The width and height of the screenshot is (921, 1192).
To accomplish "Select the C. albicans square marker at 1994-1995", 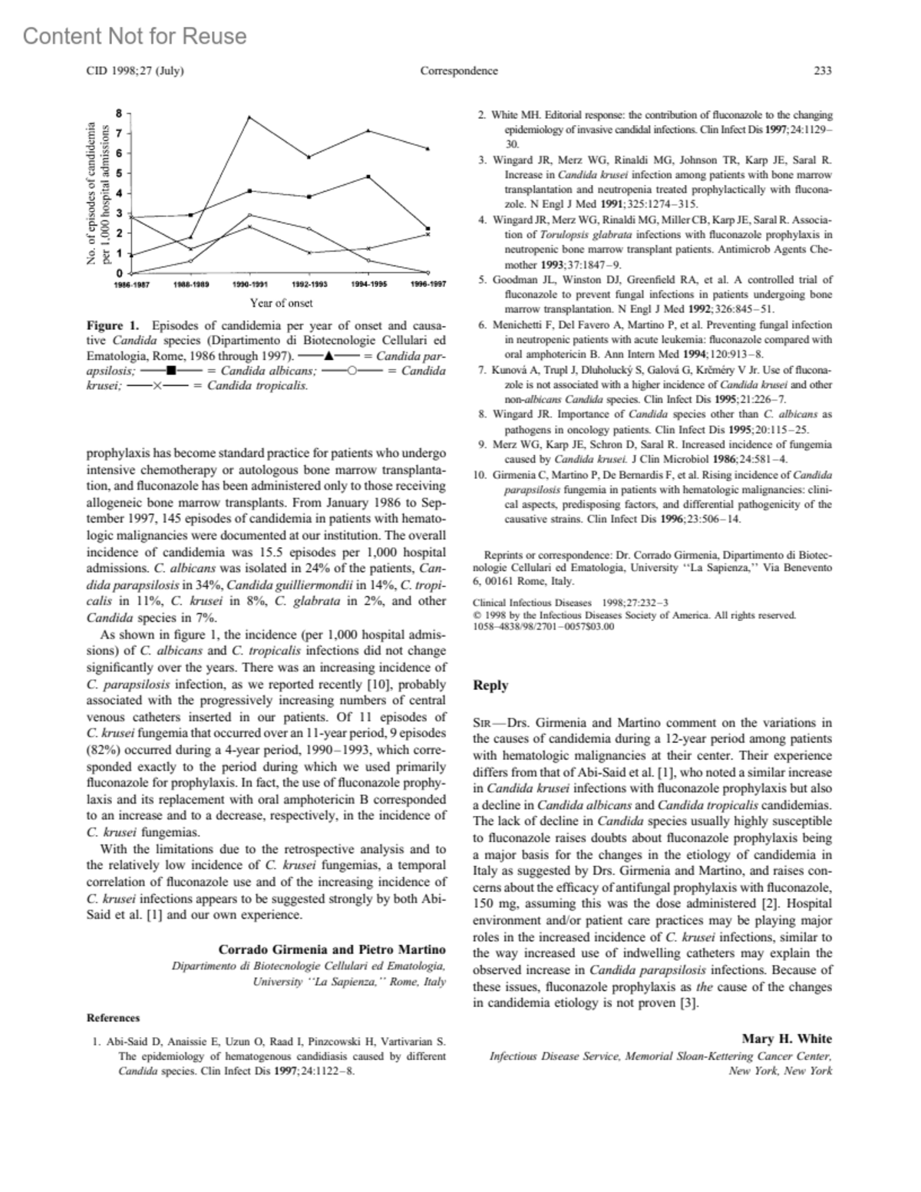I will [369, 177].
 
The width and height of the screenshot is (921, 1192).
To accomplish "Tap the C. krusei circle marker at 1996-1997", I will [428, 272].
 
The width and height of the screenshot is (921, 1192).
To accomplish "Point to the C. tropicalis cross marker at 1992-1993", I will [309, 253].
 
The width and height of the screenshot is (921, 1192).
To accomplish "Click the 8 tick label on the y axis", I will [118, 113].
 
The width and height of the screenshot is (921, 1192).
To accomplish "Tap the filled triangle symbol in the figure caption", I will [328, 356].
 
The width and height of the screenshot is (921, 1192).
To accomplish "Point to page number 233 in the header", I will [823, 71].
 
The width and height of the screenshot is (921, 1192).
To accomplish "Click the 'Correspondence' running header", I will [459, 71].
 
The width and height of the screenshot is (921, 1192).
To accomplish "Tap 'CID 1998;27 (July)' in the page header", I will [134, 71].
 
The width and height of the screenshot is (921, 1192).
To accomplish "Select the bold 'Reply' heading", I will [490, 685].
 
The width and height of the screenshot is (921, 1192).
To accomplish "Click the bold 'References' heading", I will [113, 1018].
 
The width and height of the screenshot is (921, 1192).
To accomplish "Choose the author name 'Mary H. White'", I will [787, 1039].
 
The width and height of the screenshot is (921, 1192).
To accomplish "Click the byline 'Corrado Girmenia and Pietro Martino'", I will [332, 950].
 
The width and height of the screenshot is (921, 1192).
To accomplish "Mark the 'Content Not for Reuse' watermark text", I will [135, 36].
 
